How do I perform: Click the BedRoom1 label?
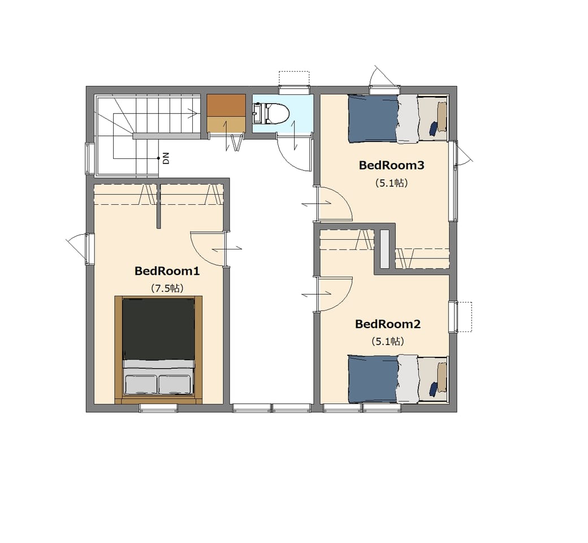pyautogui.click(x=167, y=271)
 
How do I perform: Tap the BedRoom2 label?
pyautogui.click(x=388, y=324)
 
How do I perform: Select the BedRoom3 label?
pyautogui.click(x=391, y=165)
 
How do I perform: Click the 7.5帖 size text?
pyautogui.click(x=167, y=288)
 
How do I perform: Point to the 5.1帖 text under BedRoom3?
pyautogui.click(x=391, y=183)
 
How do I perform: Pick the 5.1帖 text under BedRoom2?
pyautogui.click(x=388, y=342)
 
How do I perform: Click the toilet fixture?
pyautogui.click(x=271, y=113)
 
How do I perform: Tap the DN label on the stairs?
pyautogui.click(x=166, y=158)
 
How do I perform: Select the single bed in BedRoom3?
pyautogui.click(x=398, y=119)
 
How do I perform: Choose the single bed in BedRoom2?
pyautogui.click(x=398, y=379)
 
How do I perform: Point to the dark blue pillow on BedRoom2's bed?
pyautogui.click(x=433, y=389)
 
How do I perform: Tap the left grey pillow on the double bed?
pyautogui.click(x=141, y=385)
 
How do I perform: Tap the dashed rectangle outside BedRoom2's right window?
pyautogui.click(x=465, y=317)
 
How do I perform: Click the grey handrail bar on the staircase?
pyautogui.click(x=165, y=136)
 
